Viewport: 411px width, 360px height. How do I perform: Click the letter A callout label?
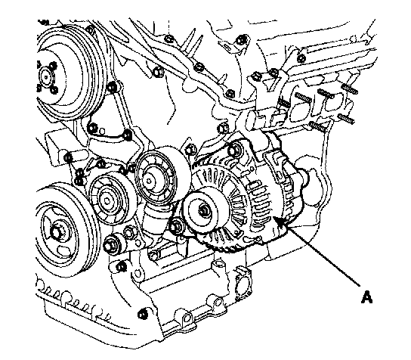coord(366,296)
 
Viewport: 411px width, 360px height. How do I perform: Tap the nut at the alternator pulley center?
coord(204,210)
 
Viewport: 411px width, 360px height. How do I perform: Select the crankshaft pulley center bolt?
coord(56,232)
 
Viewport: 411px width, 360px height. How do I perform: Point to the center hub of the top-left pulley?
coord(46,77)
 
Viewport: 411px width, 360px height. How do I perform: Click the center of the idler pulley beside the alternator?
coord(150,181)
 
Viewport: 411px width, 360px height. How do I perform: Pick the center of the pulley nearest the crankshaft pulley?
coord(107,200)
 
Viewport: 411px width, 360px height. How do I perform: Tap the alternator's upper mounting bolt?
coord(233,151)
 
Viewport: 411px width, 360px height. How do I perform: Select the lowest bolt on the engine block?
coord(143,314)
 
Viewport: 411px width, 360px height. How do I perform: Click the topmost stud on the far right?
coord(350,88)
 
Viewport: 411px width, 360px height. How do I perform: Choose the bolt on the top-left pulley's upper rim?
coord(90,29)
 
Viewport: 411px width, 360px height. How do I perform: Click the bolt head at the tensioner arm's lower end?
coord(110,246)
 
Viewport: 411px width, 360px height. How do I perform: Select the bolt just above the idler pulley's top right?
coord(190,150)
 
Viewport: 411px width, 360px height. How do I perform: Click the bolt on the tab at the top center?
coord(240,40)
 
